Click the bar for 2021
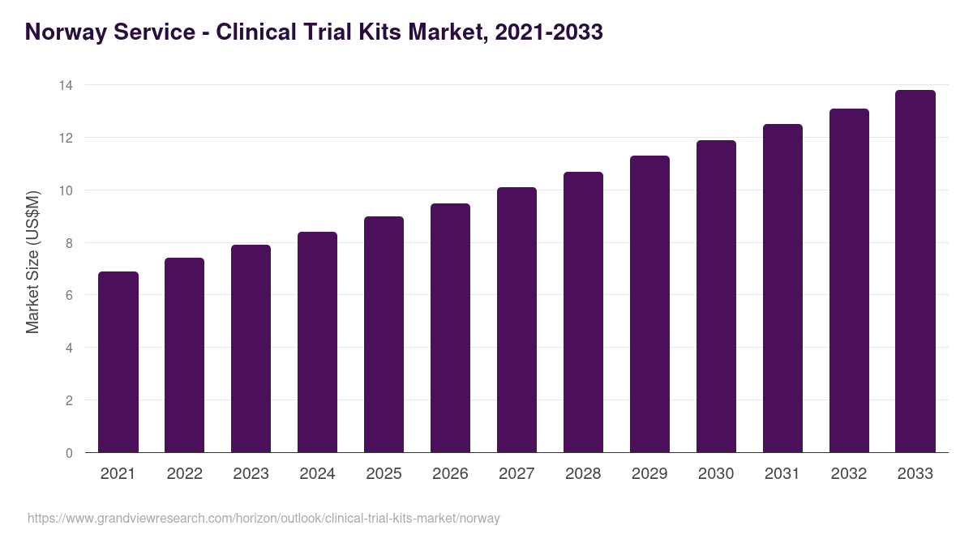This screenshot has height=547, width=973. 118,362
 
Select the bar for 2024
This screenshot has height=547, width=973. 317,342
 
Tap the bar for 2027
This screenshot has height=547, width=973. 517,320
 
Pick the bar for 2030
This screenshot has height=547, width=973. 716,297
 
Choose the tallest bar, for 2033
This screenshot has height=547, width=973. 915,271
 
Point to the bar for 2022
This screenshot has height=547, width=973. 184,355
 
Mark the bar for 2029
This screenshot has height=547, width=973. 649,304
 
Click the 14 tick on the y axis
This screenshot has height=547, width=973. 66,85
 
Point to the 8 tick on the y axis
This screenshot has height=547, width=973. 69,243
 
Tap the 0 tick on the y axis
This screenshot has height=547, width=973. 69,453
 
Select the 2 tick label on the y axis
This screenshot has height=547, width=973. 69,400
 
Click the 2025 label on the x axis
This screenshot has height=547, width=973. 384,474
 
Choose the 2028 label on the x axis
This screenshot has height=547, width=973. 583,474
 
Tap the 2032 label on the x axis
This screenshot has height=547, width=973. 849,474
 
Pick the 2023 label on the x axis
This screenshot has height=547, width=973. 251,474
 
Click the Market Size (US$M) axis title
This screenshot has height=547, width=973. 32,262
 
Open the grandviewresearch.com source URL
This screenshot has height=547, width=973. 264,518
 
